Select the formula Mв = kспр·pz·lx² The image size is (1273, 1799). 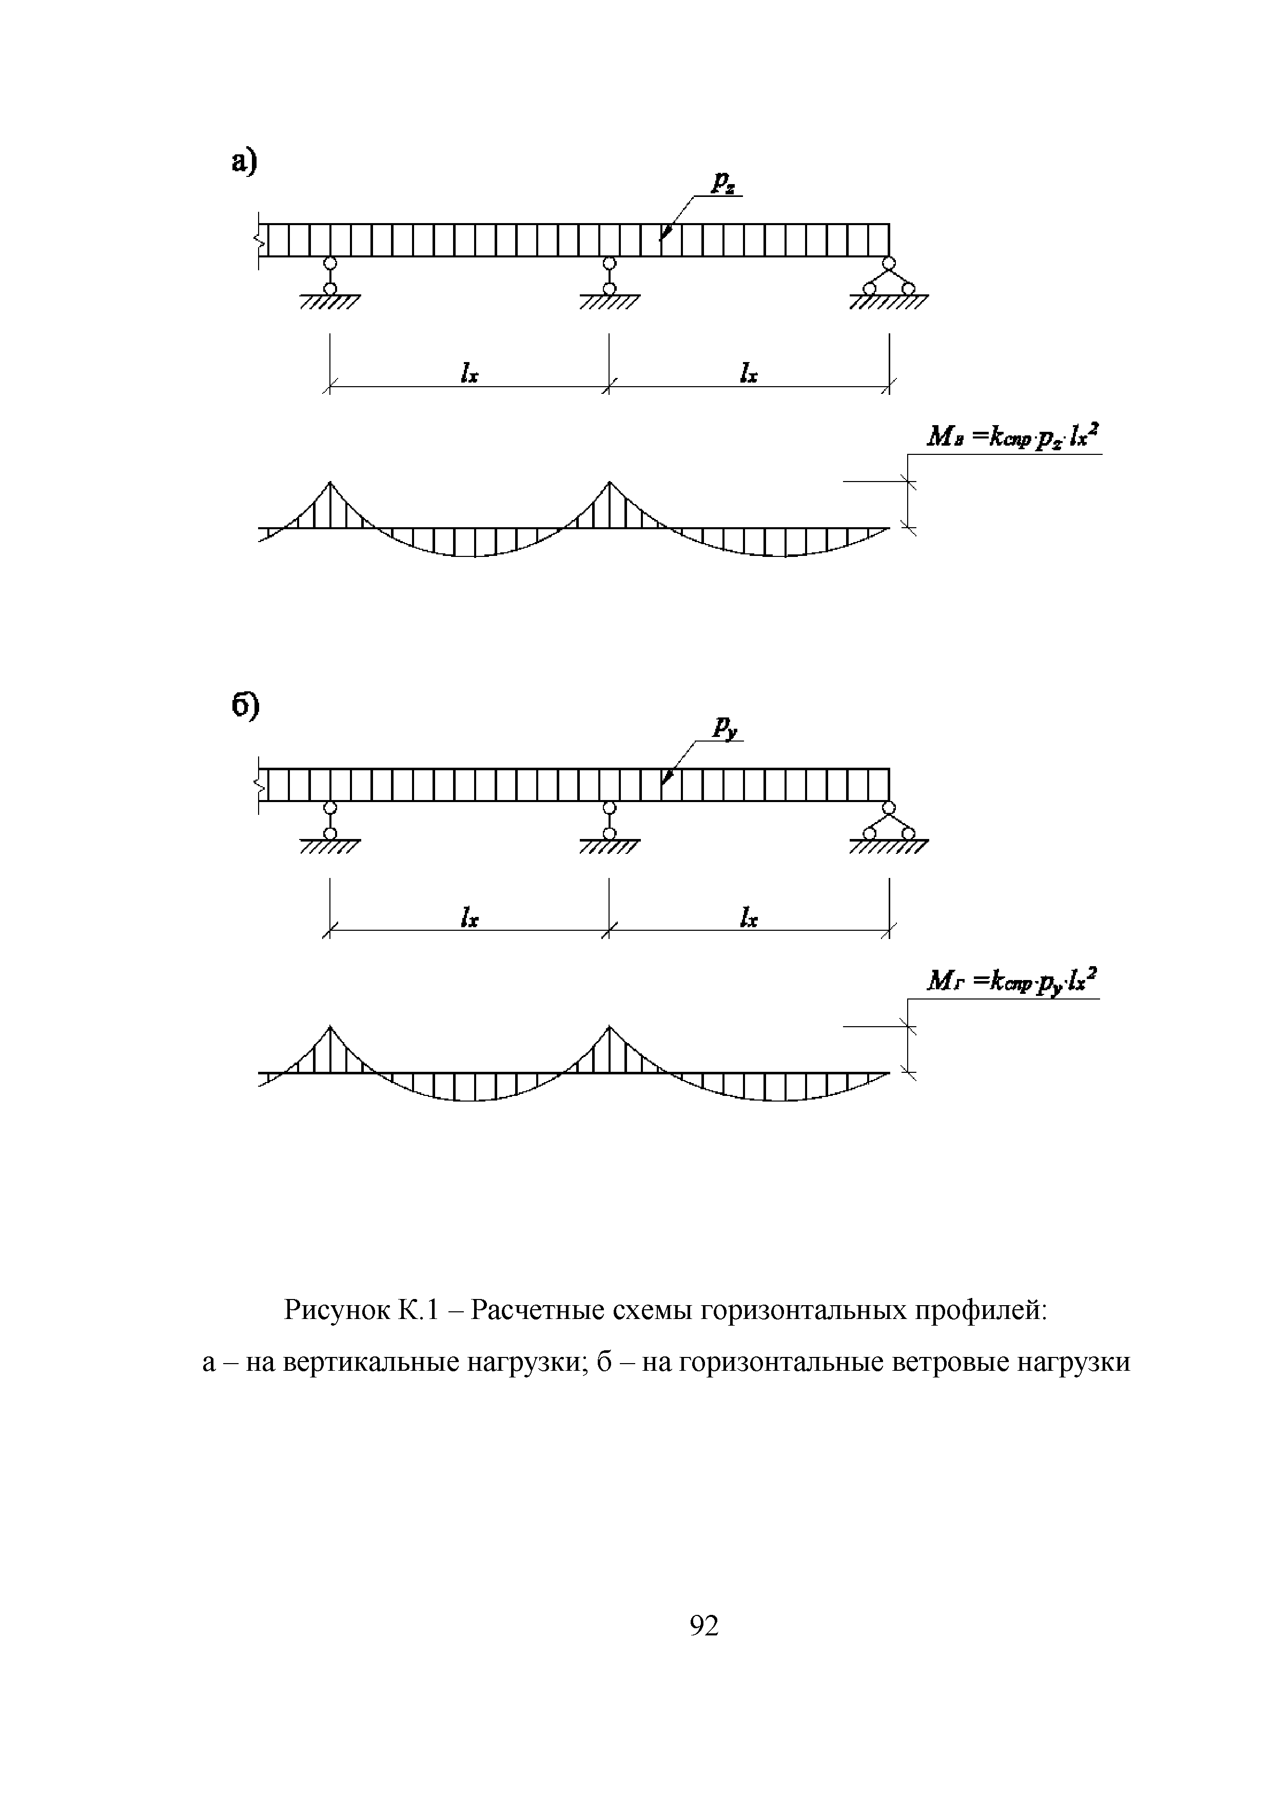(x=1013, y=436)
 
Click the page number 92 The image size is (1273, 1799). (x=704, y=1626)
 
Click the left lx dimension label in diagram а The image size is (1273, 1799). (x=469, y=373)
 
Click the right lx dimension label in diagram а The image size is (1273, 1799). (x=749, y=373)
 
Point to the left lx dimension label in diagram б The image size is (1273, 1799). (x=469, y=917)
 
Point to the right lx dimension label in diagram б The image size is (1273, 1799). (x=749, y=917)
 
